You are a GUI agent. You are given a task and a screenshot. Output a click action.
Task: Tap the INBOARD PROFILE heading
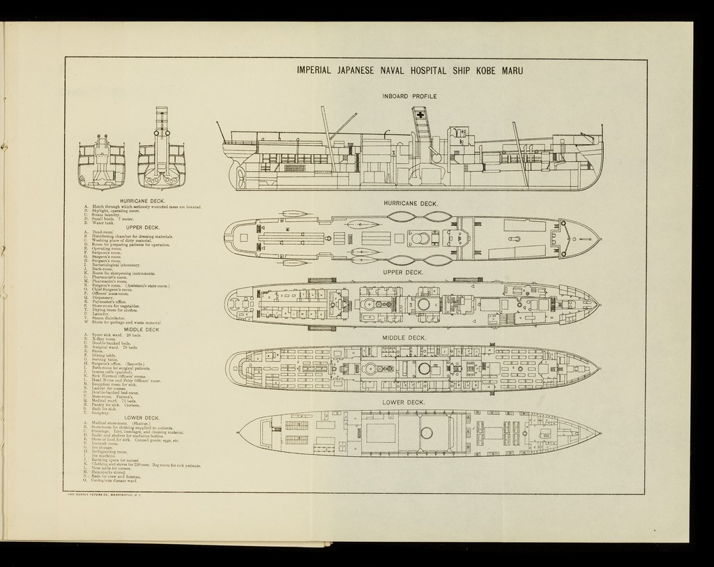[x=409, y=96]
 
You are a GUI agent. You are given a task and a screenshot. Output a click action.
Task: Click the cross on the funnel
[x=420, y=114]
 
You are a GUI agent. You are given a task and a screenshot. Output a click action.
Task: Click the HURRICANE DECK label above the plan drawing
[x=411, y=204]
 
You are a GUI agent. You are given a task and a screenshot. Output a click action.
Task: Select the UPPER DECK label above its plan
[x=404, y=272]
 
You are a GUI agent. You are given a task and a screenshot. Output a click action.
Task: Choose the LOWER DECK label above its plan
[x=404, y=402]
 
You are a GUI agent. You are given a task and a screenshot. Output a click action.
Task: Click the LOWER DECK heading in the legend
[x=142, y=418]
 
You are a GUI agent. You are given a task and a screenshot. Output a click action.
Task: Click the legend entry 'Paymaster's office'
[x=112, y=302]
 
